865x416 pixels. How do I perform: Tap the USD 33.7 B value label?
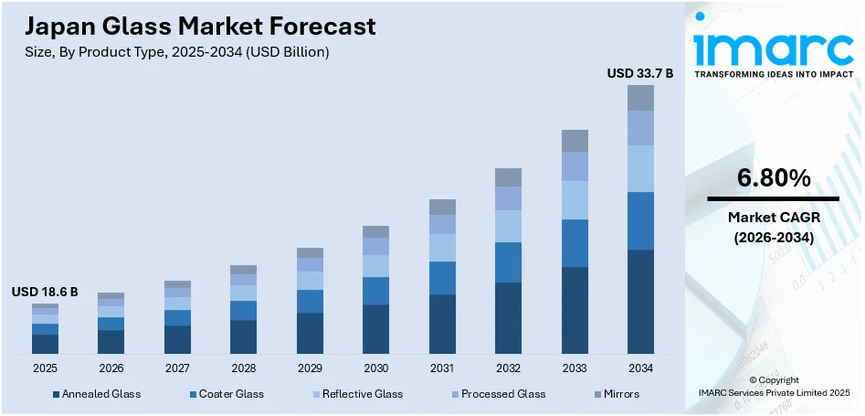tap(639, 72)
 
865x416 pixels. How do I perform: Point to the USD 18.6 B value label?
tap(45, 292)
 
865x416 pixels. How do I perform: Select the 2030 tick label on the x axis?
tap(375, 368)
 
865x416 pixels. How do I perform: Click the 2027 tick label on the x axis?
tap(177, 368)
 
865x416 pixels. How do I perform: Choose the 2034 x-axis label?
tap(640, 368)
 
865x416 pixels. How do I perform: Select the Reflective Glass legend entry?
tap(356, 394)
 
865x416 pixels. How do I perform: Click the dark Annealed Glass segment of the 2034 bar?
tap(640, 302)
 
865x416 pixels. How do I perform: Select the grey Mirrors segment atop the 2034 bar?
tap(640, 98)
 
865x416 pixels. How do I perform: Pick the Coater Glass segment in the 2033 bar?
tap(575, 243)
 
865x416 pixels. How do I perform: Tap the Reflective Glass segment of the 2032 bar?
tap(508, 226)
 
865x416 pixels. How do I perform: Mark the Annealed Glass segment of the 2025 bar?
tap(45, 344)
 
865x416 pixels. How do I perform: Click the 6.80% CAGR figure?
tap(773, 179)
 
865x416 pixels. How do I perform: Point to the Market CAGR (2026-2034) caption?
tap(773, 228)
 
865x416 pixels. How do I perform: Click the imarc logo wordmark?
tap(773, 46)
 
